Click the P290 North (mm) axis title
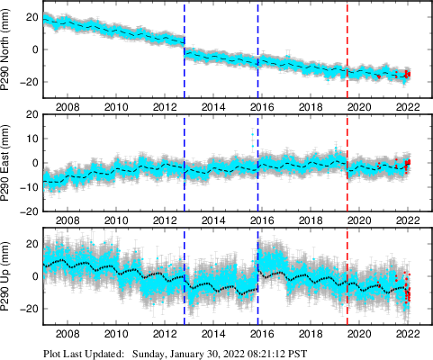pos(9,51)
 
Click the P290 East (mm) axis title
pos(9,164)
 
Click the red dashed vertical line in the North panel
pos(347,49)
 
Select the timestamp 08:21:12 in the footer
pos(287,353)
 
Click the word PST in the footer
pos(328,353)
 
